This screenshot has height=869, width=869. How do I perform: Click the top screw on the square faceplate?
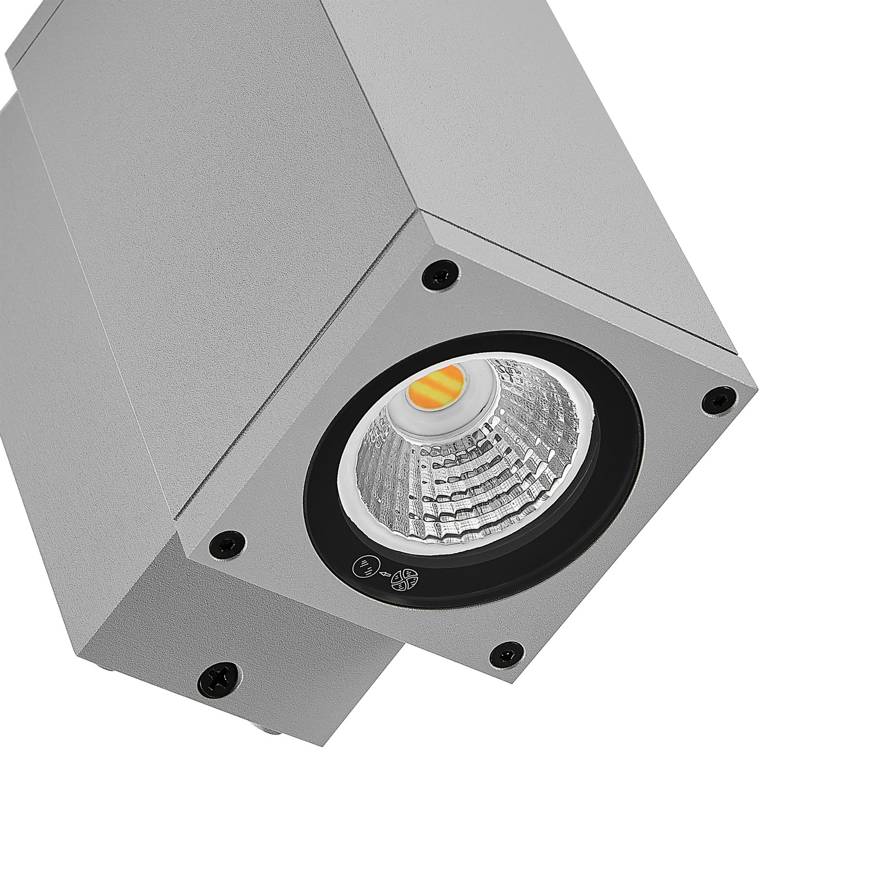pyautogui.click(x=440, y=275)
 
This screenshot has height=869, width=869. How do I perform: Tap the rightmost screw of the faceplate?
pyautogui.click(x=719, y=401)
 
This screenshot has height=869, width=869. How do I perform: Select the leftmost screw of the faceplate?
pyautogui.click(x=227, y=543)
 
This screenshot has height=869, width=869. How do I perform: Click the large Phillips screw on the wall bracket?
pyautogui.click(x=219, y=680)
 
